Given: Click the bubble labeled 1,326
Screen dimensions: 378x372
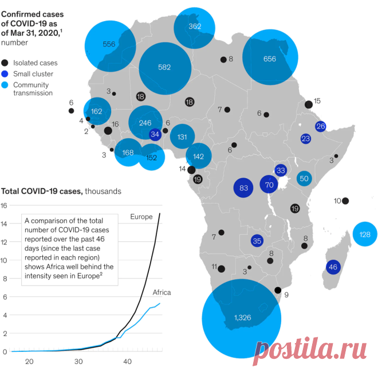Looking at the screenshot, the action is [x=242, y=319].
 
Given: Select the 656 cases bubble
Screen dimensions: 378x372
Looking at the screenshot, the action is [x=270, y=57].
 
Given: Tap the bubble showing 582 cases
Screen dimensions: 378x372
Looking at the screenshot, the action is [x=165, y=69].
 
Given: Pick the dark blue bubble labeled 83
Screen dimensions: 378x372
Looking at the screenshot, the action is [x=243, y=187].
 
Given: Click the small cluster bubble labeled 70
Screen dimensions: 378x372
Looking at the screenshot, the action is [x=269, y=185].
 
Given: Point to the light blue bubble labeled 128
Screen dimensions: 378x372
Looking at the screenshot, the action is [x=365, y=234].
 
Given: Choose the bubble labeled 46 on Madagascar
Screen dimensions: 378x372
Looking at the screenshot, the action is [x=333, y=267].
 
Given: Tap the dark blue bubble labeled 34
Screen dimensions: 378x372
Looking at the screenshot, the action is [x=155, y=134].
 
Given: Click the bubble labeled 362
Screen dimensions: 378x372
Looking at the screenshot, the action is [x=194, y=28].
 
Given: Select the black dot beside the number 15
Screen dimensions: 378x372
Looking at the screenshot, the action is [x=309, y=105].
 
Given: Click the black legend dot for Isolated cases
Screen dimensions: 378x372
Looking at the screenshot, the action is [x=5, y=63].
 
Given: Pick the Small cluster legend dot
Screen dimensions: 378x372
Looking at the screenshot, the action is [x=5, y=74].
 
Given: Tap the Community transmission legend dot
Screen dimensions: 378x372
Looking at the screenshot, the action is [x=5, y=85].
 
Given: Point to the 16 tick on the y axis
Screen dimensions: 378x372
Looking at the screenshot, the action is [x=4, y=206].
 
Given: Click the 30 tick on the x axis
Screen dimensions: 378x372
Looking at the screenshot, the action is [x=78, y=362].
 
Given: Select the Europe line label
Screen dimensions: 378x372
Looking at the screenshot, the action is [x=141, y=217].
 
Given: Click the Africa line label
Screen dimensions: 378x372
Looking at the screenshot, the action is [x=162, y=292].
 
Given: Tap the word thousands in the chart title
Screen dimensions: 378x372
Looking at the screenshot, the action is [x=103, y=191].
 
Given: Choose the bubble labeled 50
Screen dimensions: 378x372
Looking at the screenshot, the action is [x=304, y=178].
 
